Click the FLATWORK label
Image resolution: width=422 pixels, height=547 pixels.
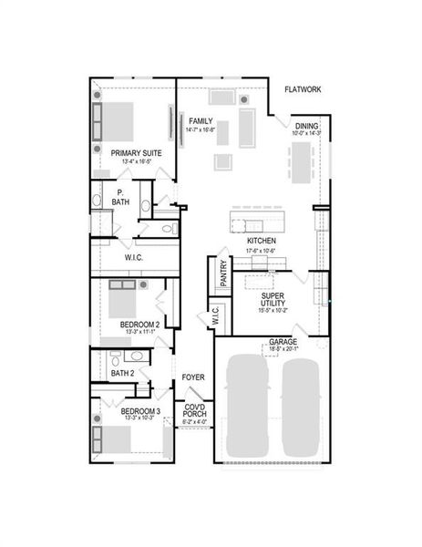pos(301,89)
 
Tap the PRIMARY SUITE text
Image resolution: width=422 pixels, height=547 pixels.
pos(137,153)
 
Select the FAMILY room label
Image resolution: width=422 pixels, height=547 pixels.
pos(201,120)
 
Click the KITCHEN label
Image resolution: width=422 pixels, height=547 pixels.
pos(261,241)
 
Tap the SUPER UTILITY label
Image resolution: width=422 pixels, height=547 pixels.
pos(274,300)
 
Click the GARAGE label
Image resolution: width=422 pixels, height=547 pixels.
pos(282,342)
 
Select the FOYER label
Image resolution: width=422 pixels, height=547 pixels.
pos(192,377)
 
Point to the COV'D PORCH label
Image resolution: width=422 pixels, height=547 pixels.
pos(195,411)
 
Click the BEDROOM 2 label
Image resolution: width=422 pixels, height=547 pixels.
pos(139,325)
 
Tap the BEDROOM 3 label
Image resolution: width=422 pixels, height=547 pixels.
pos(139,412)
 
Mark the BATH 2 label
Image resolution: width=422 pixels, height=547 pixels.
pos(123,373)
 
